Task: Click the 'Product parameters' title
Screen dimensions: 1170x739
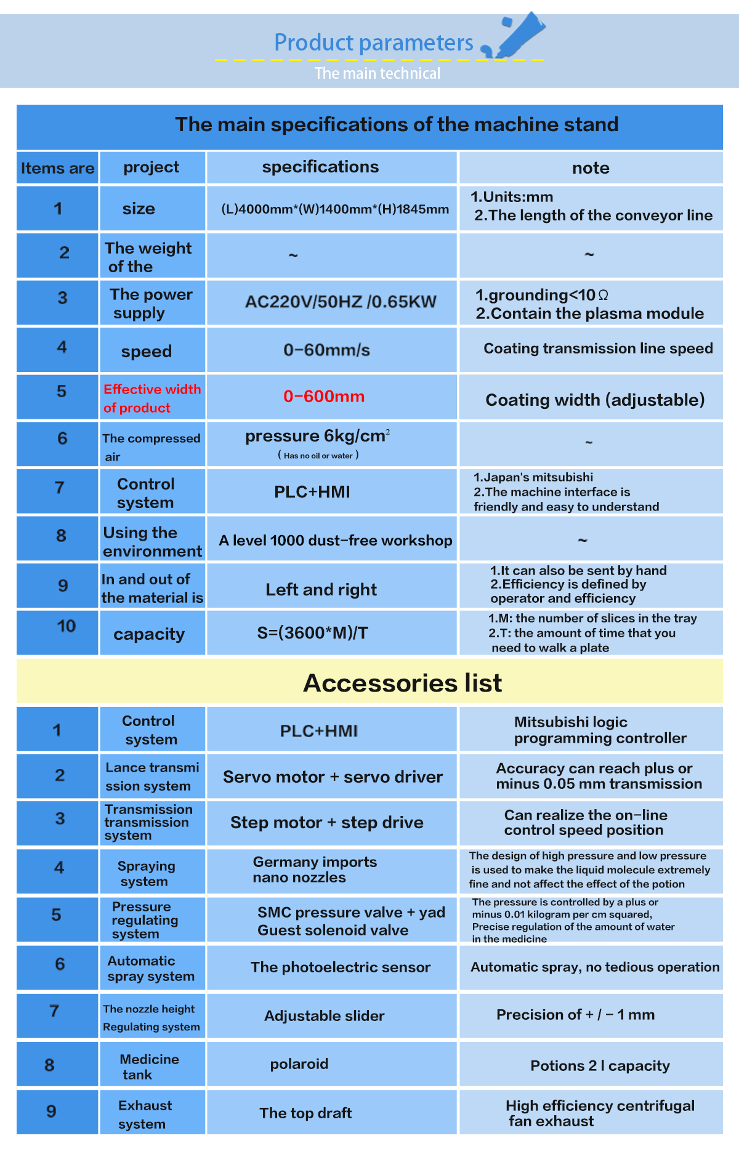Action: point(373,42)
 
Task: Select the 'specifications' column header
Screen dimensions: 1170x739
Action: point(320,167)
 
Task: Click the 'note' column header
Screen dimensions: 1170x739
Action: point(591,168)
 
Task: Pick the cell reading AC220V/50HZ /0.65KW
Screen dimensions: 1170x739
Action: point(341,302)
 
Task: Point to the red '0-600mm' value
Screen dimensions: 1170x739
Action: point(324,397)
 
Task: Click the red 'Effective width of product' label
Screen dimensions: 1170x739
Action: point(151,398)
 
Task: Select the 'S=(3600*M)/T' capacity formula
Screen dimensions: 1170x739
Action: point(312,633)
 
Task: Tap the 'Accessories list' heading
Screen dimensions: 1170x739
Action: point(402,682)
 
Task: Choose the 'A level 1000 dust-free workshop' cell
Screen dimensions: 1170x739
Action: point(336,540)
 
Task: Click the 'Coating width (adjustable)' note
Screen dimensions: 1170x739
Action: point(595,400)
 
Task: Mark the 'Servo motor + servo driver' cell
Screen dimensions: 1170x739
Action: point(333,777)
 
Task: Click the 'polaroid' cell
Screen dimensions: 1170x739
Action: point(299,1063)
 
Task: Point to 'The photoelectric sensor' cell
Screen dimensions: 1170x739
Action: point(340,967)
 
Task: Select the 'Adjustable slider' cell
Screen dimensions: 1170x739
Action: point(324,1015)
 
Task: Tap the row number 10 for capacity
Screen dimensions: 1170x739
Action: point(66,626)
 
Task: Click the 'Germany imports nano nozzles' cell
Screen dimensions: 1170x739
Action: point(315,869)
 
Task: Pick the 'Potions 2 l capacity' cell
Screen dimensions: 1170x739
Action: point(600,1065)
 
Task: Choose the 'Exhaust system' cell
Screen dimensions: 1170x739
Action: point(145,1114)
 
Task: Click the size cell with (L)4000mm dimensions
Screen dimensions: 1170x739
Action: point(335,209)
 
